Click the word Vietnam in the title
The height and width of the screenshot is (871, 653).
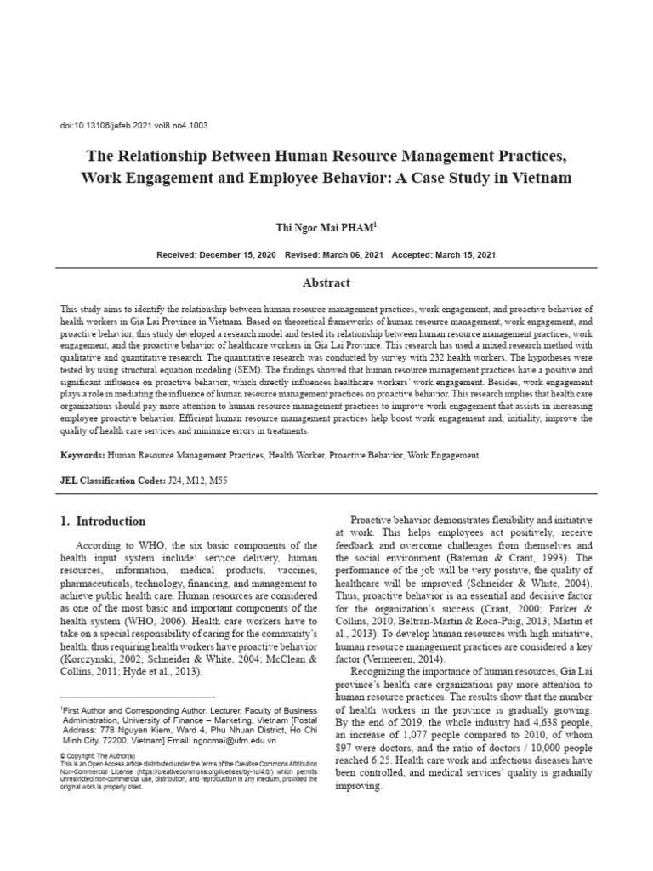[542, 179]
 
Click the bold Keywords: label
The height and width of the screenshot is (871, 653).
[84, 456]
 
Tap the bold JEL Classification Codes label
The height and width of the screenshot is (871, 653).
[111, 481]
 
